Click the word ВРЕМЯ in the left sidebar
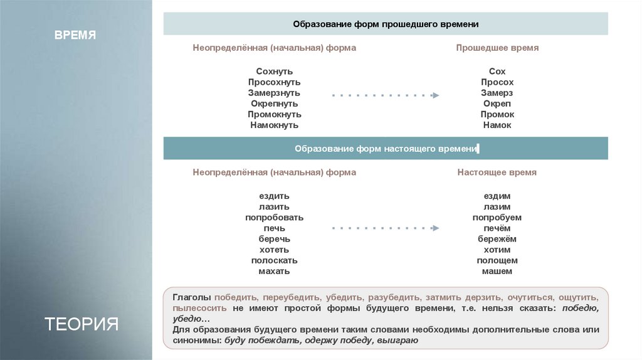[75, 35]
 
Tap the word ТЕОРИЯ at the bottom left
[82, 324]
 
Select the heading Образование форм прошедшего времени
[386, 24]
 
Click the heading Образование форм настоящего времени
[386, 149]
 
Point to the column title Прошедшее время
[497, 48]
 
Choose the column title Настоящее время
[497, 172]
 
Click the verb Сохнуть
[274, 71]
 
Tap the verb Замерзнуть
[274, 93]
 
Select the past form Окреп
[497, 103]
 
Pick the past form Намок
[497, 125]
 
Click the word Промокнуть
[274, 114]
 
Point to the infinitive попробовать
[274, 218]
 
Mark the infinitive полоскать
[274, 260]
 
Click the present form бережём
[497, 239]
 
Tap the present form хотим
[497, 250]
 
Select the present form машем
[497, 271]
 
